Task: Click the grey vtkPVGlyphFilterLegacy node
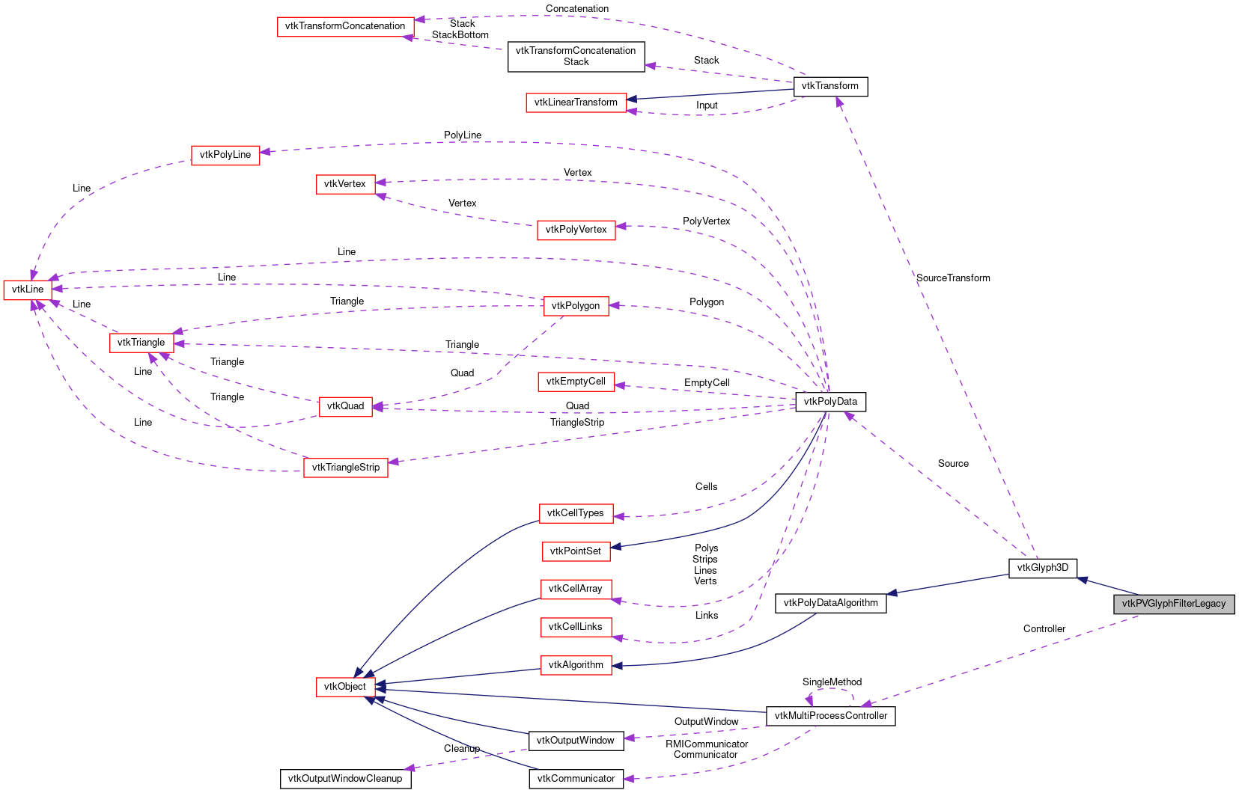click(1173, 604)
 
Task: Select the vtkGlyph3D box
click(1042, 568)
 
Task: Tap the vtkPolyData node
click(830, 402)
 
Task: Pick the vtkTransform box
click(829, 86)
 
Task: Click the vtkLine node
click(28, 290)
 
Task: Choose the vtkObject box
click(345, 687)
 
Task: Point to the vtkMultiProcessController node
click(830, 716)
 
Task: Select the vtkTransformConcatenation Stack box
click(576, 56)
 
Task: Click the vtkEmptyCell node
click(576, 382)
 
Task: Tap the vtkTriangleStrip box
click(345, 468)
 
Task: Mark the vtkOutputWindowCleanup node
click(345, 779)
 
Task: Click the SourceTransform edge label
click(952, 278)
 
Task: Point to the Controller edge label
click(1044, 629)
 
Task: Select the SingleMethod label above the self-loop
click(832, 682)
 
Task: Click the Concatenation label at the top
click(576, 9)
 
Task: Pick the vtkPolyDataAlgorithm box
click(830, 603)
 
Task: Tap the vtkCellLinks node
click(575, 627)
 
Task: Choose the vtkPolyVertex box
click(576, 230)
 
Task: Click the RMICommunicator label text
click(707, 744)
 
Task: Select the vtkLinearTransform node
click(576, 102)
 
